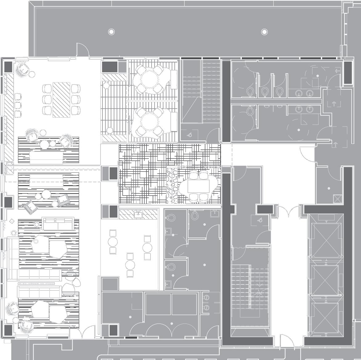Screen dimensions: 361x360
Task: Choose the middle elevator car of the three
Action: [326, 280]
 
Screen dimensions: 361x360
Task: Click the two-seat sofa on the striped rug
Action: [58, 224]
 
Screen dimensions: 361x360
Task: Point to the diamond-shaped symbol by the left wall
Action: [12, 221]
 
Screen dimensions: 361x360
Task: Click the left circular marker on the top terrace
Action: [111, 31]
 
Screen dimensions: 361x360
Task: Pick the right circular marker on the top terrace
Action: [264, 31]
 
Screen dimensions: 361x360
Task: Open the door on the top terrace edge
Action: [82, 51]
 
